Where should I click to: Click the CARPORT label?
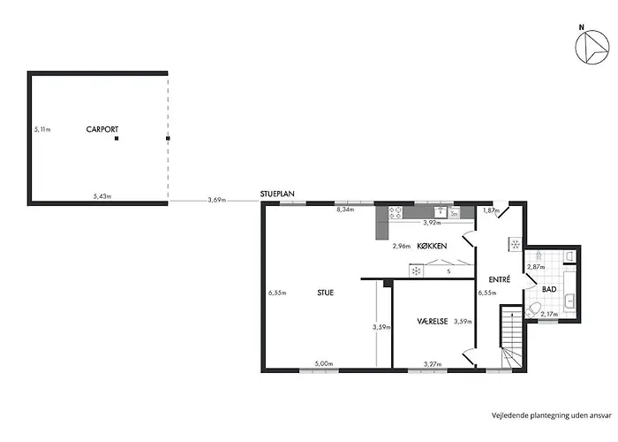[102, 129]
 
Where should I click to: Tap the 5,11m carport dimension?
[42, 129]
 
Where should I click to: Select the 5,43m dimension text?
[102, 196]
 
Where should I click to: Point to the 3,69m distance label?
[217, 200]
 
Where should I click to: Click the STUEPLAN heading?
[277, 194]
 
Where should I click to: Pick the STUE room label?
[326, 293]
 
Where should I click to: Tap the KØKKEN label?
[432, 246]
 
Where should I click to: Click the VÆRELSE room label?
[433, 322]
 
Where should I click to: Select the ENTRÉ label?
[500, 279]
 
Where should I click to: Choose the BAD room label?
[549, 289]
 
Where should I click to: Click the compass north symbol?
[592, 47]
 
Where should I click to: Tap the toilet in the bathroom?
[532, 309]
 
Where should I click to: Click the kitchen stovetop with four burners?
[396, 213]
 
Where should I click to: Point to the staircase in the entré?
[511, 337]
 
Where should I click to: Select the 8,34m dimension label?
[345, 210]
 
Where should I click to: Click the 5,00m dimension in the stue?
[324, 364]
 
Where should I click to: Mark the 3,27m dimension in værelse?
[433, 364]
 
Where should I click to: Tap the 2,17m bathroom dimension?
[549, 315]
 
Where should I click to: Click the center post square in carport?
[117, 139]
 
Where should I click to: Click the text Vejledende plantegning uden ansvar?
[552, 415]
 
